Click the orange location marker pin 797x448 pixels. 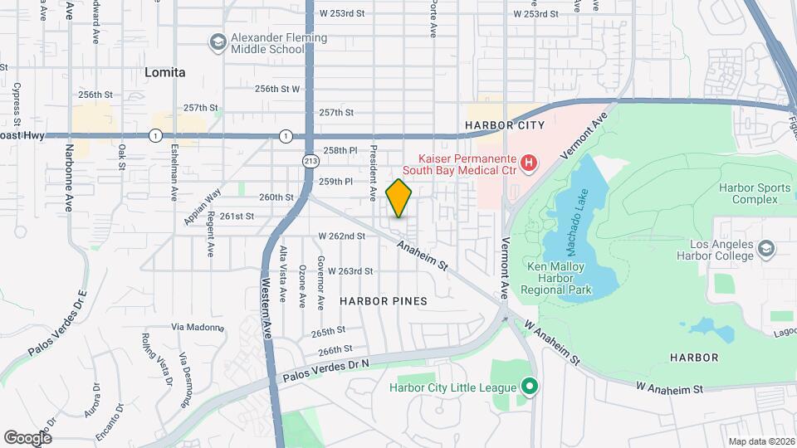[399, 197]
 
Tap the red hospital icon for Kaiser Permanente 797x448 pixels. [526, 161]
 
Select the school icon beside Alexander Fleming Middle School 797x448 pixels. [218, 42]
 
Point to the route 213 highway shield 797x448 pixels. [311, 160]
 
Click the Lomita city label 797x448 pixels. [164, 72]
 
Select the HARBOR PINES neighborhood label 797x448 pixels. [384, 300]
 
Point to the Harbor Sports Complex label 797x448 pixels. [755, 194]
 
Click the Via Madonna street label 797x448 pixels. [198, 327]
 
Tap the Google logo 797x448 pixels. [27, 437]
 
